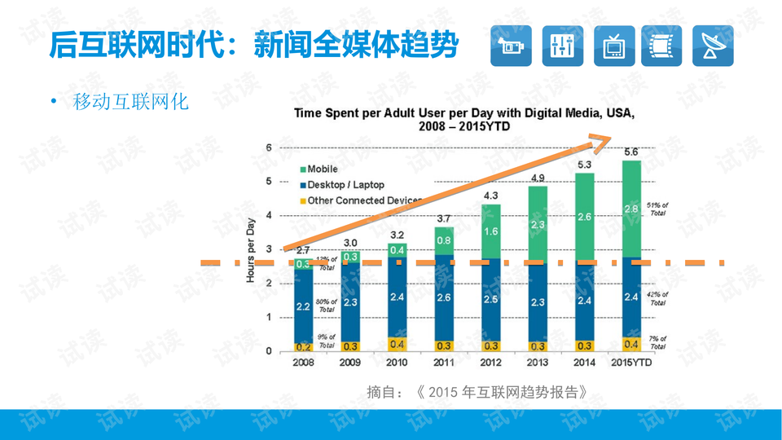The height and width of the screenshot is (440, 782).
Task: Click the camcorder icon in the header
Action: (511, 46)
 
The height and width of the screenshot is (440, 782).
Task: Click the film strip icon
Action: (661, 46)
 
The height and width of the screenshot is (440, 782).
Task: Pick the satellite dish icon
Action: (713, 46)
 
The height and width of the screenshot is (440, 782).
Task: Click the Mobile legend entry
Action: (322, 169)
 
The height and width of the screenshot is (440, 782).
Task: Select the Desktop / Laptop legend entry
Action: (345, 185)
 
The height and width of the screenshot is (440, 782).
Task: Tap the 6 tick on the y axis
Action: (270, 147)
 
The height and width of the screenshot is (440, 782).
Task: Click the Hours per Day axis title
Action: (250, 249)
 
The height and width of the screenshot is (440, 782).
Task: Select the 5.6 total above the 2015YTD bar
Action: (630, 152)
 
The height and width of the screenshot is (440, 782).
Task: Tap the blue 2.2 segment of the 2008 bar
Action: (303, 307)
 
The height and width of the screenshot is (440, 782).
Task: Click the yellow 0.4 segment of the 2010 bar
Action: (398, 344)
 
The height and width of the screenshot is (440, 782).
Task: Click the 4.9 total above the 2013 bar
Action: (537, 178)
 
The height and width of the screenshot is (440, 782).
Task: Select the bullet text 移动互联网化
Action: (130, 102)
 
